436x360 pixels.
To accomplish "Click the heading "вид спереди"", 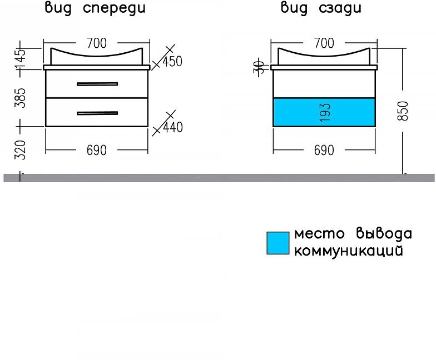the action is pos(96,8).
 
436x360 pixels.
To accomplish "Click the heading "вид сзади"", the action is pos(321,8).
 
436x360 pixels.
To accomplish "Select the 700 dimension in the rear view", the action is pos(324,43).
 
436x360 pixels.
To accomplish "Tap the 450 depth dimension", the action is pos(172,61).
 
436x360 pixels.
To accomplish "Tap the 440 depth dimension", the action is pos(172,127).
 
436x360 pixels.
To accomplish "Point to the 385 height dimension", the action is pos(21,98).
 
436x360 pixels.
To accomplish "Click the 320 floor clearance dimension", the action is pos(21,150).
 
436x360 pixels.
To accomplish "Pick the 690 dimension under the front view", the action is pos(96,151).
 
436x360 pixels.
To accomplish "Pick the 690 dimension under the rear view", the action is pos(324,151).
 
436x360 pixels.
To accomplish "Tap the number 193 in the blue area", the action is pos(325,112).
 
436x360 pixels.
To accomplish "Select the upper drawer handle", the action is pos(97,84).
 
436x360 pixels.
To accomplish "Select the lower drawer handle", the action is pos(97,113).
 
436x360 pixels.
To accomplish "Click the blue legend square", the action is pos(278,243).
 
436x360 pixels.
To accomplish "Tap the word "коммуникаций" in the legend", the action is pos(348,251).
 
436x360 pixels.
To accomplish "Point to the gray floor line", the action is pos(218,178).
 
